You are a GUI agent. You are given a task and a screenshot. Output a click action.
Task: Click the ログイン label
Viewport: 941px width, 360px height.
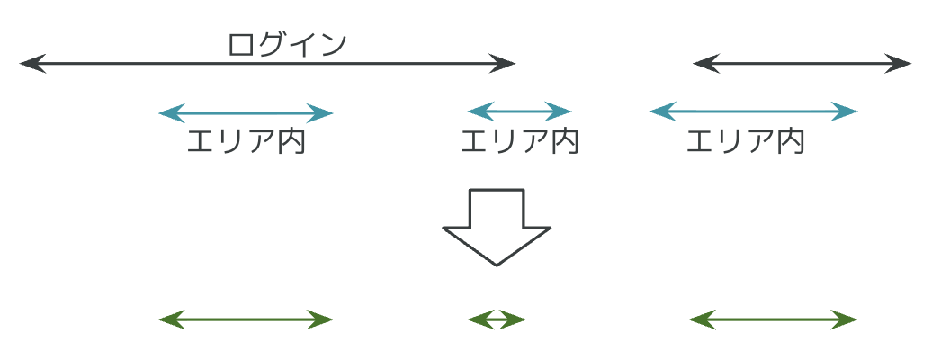tap(287, 44)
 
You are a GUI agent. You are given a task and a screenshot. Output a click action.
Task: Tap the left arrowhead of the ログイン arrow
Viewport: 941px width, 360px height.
tap(29, 64)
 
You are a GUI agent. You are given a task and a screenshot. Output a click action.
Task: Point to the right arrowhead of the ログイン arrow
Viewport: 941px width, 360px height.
tap(506, 64)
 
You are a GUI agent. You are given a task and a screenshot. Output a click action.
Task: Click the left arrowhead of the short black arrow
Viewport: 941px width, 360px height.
tap(703, 64)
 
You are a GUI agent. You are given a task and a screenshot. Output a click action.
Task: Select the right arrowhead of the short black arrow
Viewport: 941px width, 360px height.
tap(901, 64)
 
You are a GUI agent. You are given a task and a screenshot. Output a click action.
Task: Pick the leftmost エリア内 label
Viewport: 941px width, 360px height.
tap(246, 142)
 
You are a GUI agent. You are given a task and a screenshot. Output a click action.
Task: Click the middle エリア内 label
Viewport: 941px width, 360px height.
tap(519, 142)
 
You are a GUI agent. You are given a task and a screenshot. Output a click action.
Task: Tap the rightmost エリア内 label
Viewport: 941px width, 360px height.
tap(745, 142)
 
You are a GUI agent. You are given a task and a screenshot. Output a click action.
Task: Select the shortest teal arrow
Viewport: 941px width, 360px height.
tap(519, 112)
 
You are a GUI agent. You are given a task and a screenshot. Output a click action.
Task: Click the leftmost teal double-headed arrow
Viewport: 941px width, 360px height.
tap(246, 113)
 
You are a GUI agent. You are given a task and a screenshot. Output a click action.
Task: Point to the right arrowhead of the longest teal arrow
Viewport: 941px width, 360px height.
tap(847, 112)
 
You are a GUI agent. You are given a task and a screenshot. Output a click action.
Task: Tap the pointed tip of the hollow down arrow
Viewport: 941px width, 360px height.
tap(496, 264)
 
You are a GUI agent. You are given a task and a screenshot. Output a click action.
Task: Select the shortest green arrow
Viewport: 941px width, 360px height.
tap(496, 319)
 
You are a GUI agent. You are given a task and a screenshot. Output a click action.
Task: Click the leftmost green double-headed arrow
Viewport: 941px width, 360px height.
tap(246, 319)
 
